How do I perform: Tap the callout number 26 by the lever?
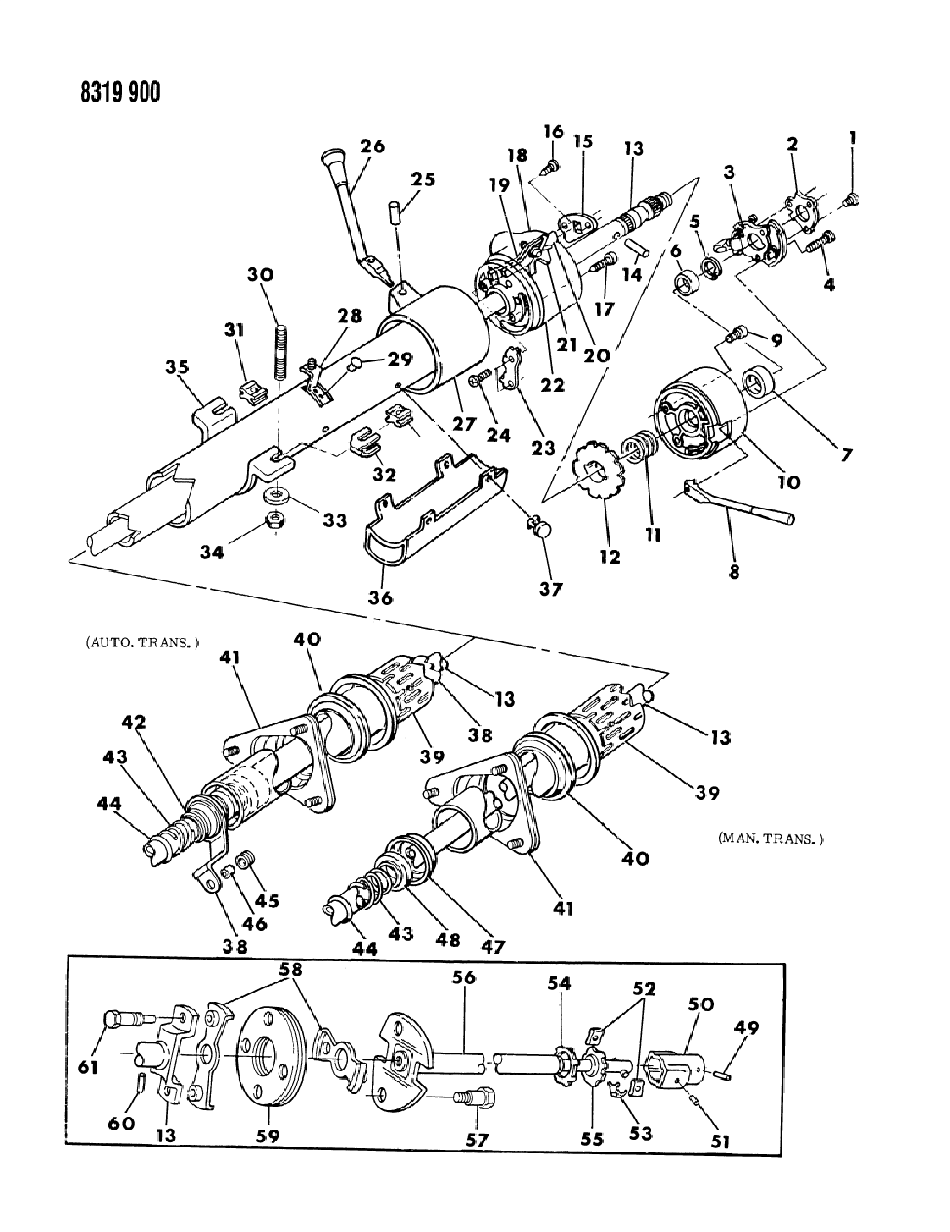pos(372,146)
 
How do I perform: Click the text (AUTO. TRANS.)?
pos(142,642)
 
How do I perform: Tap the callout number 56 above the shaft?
pos(463,977)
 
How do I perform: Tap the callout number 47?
pos(493,947)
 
